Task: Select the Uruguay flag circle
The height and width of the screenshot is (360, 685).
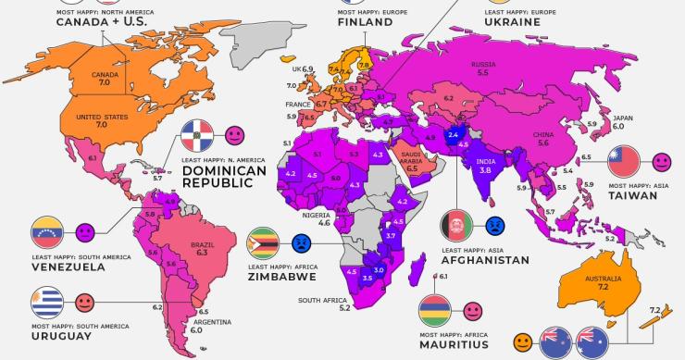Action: click(x=47, y=303)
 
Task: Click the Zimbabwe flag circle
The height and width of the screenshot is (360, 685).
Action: click(x=264, y=243)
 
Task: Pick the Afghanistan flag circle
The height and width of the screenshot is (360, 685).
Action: click(x=455, y=226)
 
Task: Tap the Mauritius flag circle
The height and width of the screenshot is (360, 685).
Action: click(x=435, y=310)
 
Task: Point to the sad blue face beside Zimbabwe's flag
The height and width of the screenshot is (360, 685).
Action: click(x=301, y=243)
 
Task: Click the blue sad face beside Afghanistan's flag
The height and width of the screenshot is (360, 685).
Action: click(x=494, y=225)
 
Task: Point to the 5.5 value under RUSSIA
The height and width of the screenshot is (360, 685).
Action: click(x=482, y=72)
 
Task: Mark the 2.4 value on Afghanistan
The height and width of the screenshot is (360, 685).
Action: click(x=454, y=135)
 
